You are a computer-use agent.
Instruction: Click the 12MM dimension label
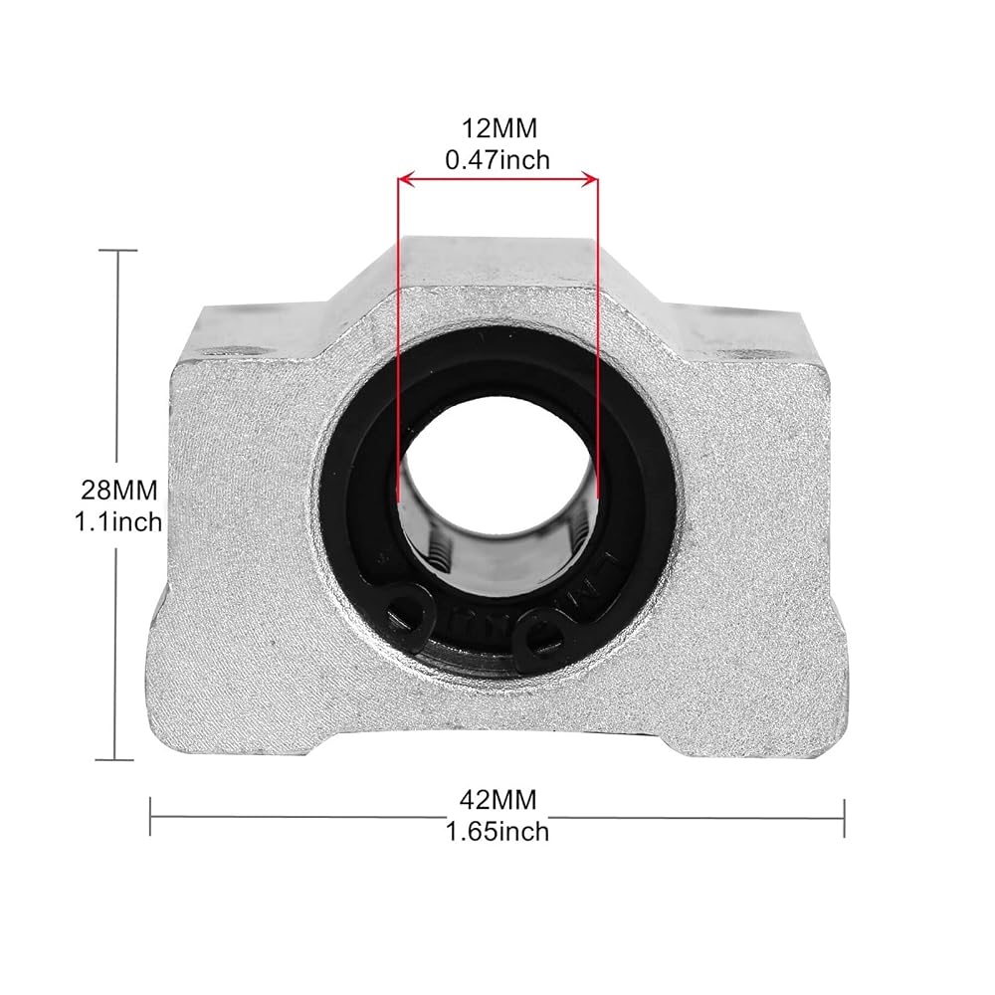click(498, 128)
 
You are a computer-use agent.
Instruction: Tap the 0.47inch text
click(497, 160)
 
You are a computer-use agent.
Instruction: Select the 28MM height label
click(118, 491)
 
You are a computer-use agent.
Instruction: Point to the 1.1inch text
click(118, 522)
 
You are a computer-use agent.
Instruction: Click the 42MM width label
click(498, 800)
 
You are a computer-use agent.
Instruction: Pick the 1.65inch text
click(497, 831)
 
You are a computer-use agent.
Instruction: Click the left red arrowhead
click(406, 181)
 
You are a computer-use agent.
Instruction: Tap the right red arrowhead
click(589, 181)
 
